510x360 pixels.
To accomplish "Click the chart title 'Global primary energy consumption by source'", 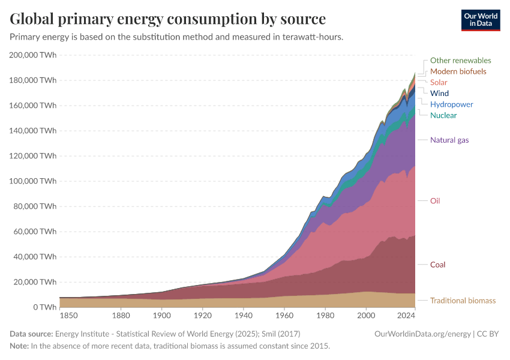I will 168,19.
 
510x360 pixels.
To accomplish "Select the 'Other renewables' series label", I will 460,61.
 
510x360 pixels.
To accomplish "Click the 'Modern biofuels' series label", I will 458,71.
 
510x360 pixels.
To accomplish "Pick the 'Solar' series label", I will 439,82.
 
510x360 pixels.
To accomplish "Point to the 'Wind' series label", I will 439,94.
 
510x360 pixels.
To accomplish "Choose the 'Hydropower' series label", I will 451,104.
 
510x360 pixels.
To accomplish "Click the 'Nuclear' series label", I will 443,115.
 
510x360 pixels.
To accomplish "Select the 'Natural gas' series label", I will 449,140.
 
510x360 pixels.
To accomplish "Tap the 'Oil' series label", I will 435,201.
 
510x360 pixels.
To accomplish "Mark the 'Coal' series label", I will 437,265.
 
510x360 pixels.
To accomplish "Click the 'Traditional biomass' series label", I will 463,301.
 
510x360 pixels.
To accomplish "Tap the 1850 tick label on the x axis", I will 68,316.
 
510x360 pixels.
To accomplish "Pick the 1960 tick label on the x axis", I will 284,316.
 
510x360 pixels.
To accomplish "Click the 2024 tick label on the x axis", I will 406,316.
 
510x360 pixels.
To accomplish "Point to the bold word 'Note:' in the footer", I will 20,346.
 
